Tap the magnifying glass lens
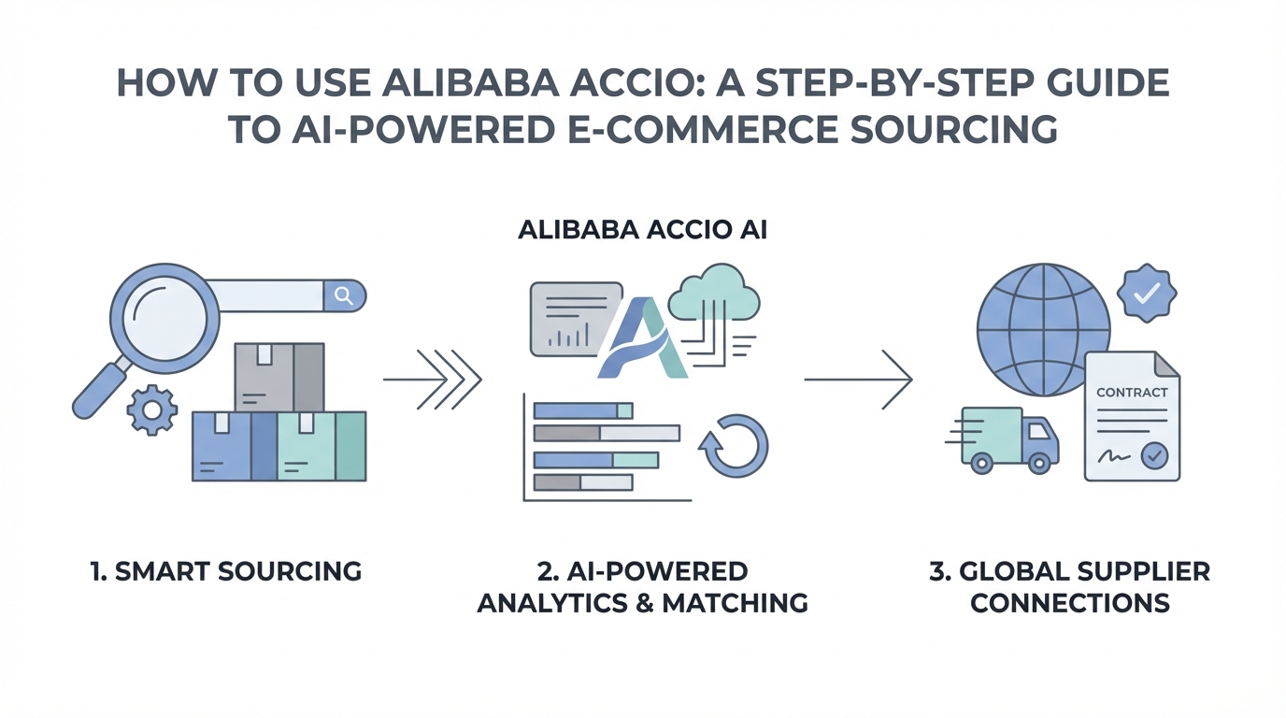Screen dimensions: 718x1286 click(x=164, y=315)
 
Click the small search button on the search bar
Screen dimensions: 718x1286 click(x=344, y=296)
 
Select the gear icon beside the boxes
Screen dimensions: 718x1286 click(x=150, y=409)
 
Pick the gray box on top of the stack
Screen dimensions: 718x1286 click(x=279, y=376)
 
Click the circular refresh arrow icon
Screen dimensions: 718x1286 click(x=734, y=446)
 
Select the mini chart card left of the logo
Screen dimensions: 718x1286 click(x=576, y=319)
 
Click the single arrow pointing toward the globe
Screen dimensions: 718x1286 click(x=858, y=380)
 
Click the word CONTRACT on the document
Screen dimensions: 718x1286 click(x=1132, y=393)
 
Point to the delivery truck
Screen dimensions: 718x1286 click(x=1007, y=439)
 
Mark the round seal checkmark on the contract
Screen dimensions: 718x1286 click(x=1155, y=456)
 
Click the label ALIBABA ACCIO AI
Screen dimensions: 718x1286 click(x=642, y=230)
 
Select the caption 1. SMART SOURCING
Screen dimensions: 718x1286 click(x=226, y=571)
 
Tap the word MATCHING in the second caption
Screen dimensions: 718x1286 click(x=735, y=603)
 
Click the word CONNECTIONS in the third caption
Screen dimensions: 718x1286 click(x=1070, y=603)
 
